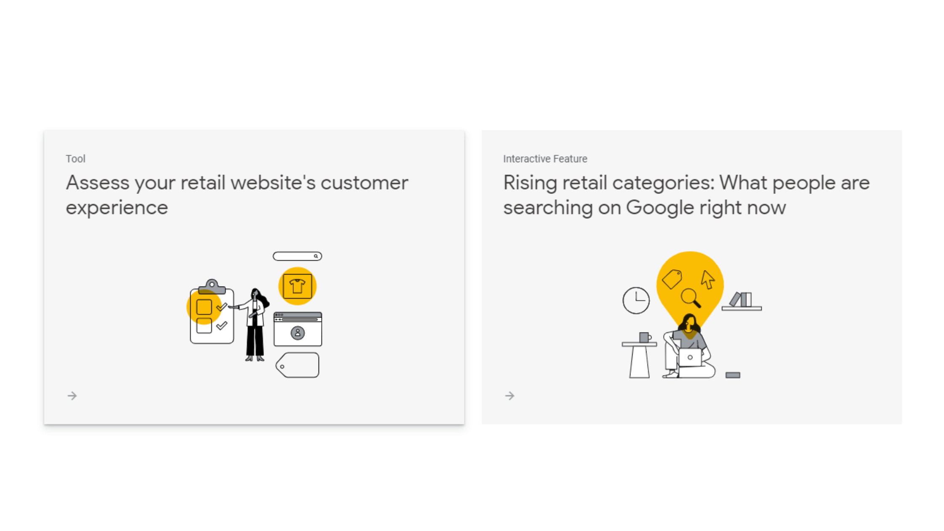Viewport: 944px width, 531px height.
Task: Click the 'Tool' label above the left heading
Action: click(x=75, y=159)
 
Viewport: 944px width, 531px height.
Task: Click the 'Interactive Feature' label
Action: click(x=545, y=159)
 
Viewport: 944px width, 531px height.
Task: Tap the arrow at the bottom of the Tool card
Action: click(x=72, y=396)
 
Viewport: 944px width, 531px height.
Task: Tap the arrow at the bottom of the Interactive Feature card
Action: click(x=510, y=396)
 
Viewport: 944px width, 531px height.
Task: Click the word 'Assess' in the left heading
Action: click(x=97, y=183)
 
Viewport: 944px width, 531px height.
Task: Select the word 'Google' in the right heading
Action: click(x=660, y=208)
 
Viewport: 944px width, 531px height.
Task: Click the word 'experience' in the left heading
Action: click(x=117, y=208)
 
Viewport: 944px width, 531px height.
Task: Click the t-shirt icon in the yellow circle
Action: click(x=297, y=286)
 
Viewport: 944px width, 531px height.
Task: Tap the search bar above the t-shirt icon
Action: click(x=297, y=256)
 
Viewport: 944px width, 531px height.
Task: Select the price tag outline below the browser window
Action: click(x=298, y=365)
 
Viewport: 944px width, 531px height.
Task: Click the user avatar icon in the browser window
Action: click(x=298, y=333)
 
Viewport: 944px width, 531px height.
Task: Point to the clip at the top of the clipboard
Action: click(x=212, y=286)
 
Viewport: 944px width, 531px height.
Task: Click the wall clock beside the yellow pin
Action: click(x=636, y=300)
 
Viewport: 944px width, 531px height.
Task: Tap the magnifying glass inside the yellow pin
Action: click(x=691, y=298)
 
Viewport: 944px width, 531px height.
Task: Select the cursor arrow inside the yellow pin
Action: click(x=708, y=279)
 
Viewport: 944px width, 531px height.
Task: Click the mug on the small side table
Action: click(x=645, y=338)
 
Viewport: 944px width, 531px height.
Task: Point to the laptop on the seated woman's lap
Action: click(x=690, y=357)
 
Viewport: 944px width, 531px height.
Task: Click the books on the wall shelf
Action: click(x=741, y=300)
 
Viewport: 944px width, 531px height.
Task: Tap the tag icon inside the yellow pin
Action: click(x=672, y=279)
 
